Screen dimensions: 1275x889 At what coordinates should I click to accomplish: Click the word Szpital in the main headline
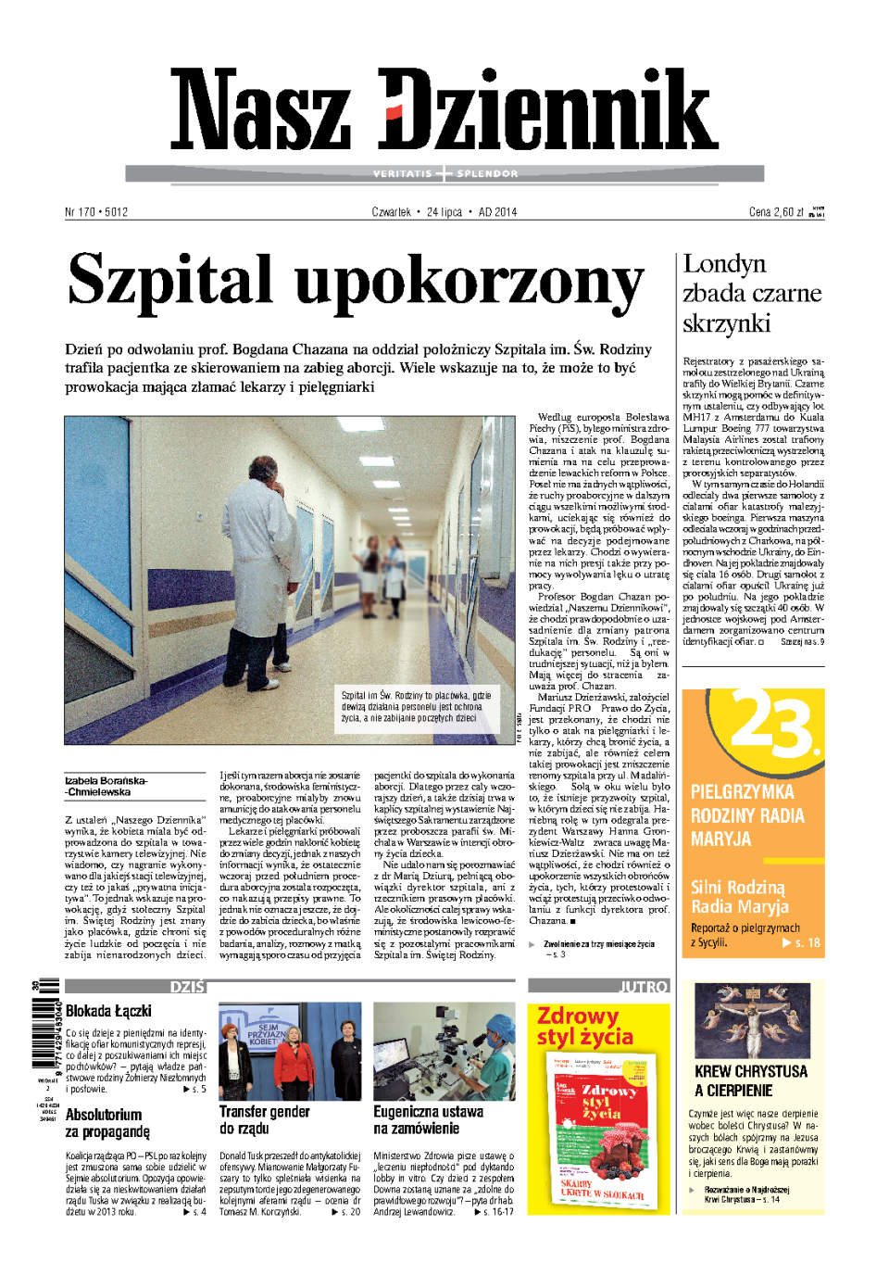[170, 281]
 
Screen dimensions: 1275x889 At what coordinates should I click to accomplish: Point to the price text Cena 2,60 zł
[776, 212]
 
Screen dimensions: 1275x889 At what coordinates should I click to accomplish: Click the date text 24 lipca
[444, 212]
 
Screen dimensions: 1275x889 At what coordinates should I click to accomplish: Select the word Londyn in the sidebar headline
[724, 264]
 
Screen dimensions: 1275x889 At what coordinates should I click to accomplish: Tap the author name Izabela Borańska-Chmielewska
[106, 786]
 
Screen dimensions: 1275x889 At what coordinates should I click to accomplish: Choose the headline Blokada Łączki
[108, 1011]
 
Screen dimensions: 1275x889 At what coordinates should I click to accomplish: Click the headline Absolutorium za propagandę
[106, 1122]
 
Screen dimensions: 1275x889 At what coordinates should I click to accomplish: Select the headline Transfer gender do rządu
[264, 1119]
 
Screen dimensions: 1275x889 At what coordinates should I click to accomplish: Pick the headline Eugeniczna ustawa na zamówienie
[428, 1119]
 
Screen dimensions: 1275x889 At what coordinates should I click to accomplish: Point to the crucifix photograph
[752, 1020]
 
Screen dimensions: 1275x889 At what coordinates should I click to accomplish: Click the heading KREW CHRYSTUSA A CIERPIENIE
[750, 1080]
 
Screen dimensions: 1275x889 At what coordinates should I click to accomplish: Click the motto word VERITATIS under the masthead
[403, 173]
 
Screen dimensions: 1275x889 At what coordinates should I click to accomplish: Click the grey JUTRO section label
[644, 987]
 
